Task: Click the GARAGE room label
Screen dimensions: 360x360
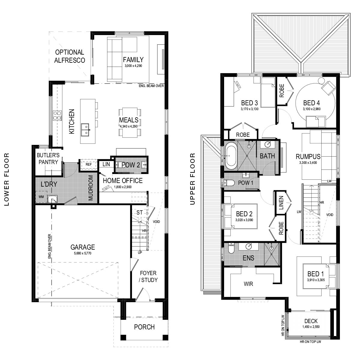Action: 82,247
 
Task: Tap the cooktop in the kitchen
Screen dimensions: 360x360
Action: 57,115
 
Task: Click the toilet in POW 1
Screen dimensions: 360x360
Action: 229,183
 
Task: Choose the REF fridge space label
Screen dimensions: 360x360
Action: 88,164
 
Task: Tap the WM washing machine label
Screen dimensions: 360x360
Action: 41,197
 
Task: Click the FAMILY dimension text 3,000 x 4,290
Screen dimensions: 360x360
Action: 133,66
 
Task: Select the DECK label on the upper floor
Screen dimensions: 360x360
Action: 311,321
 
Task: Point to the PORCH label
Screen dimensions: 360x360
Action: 144,327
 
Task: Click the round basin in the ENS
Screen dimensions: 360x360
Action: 249,247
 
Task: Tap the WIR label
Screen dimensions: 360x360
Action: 248,284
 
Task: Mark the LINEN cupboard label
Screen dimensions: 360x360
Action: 281,203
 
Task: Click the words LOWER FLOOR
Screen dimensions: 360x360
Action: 7,179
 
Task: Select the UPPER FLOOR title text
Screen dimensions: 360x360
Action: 192,179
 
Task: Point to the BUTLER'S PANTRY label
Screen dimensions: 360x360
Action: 48,159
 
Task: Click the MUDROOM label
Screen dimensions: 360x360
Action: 91,188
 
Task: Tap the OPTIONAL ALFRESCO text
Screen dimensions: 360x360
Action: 70,56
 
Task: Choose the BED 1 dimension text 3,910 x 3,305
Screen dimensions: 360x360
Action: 316,280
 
